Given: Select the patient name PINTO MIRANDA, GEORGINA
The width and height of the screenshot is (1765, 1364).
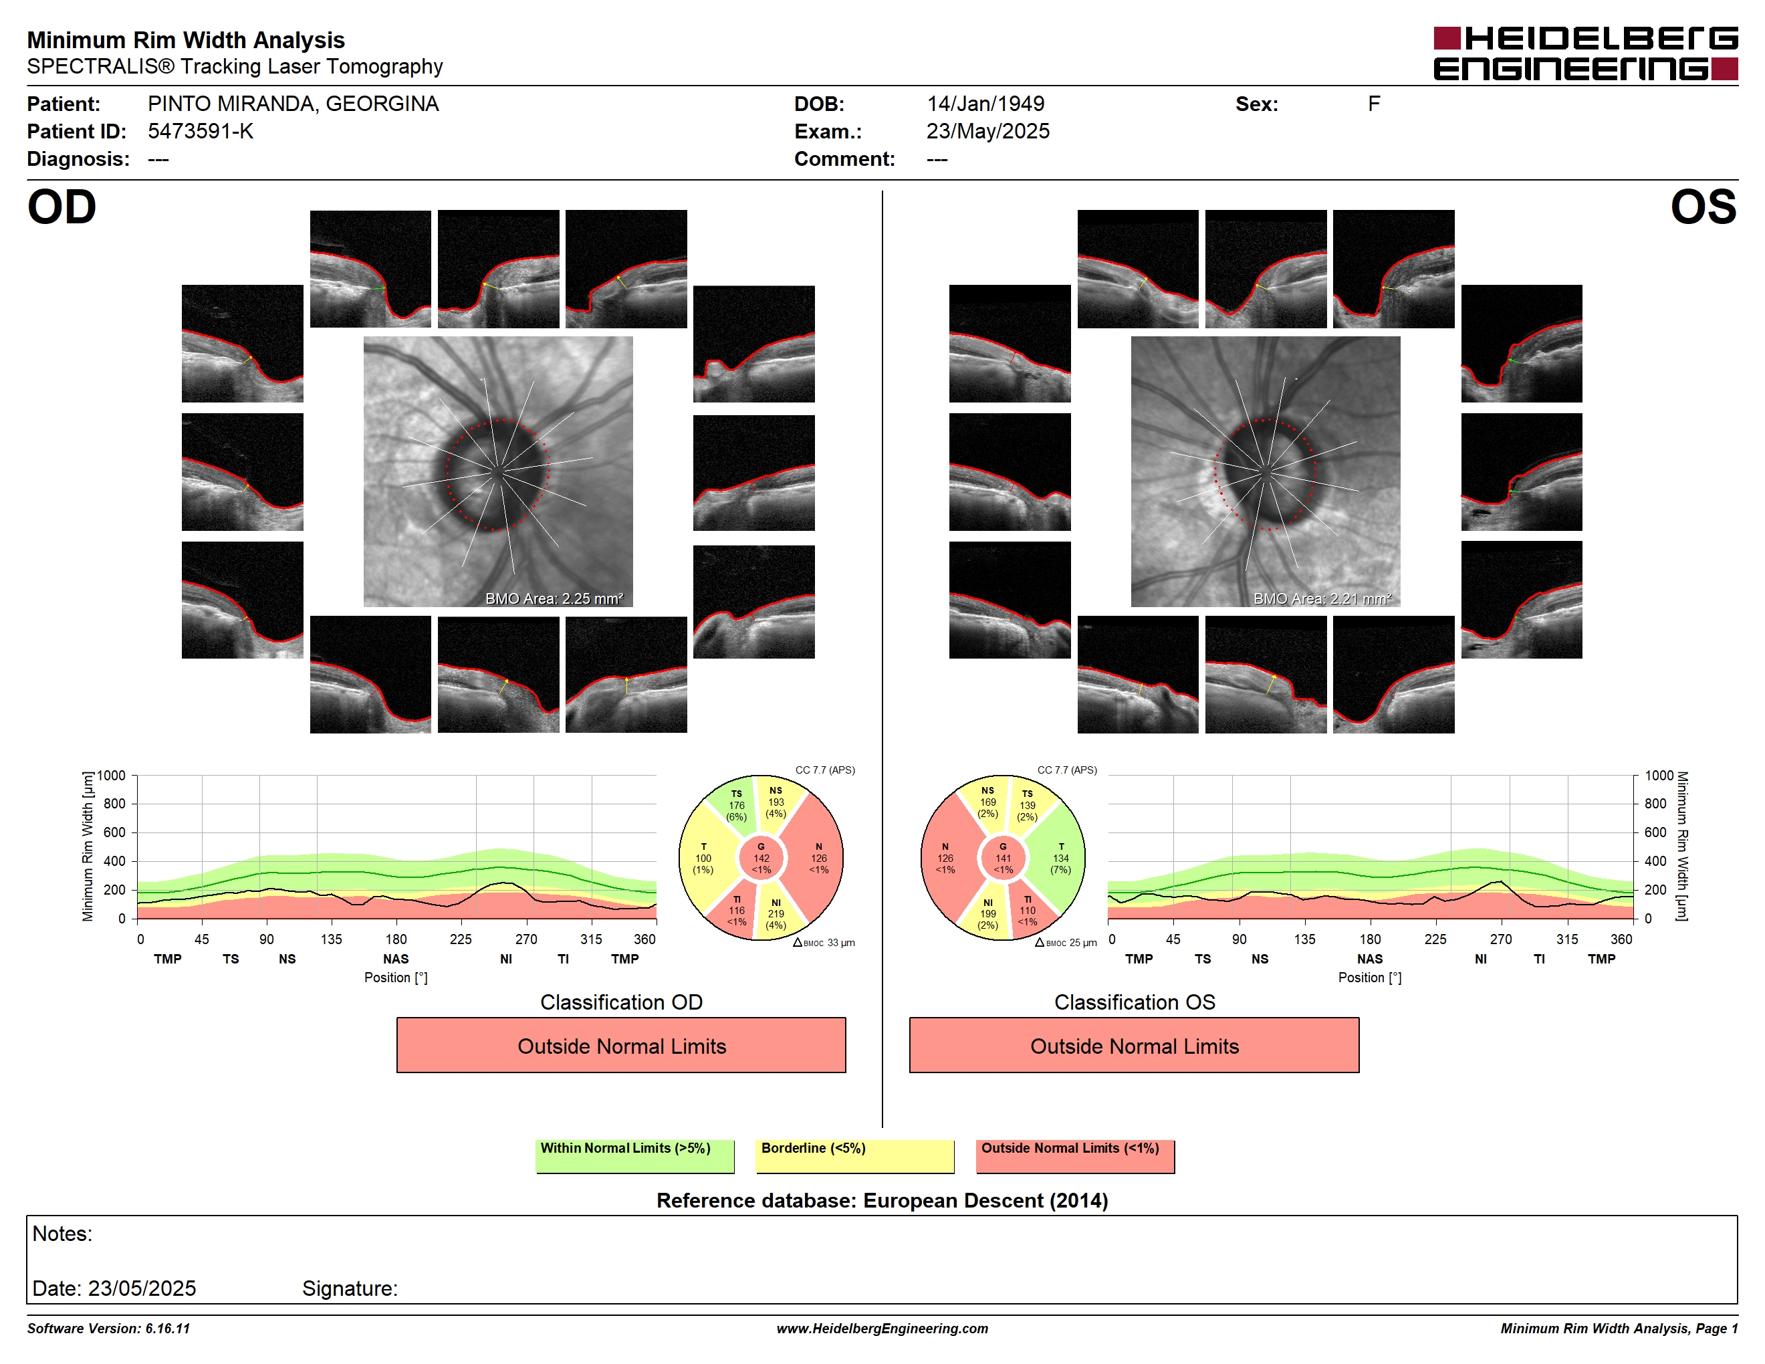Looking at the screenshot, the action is (293, 104).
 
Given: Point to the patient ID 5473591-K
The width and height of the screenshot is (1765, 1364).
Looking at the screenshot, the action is (201, 132).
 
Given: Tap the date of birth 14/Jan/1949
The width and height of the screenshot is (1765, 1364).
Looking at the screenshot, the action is (985, 104).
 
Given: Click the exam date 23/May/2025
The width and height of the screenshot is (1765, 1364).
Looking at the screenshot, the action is (987, 132).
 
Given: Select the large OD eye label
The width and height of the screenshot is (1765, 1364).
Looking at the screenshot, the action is (62, 208).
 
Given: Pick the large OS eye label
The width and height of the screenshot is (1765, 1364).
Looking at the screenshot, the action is (1703, 208).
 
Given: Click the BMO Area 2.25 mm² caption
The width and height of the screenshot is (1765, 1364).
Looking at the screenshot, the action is (554, 599).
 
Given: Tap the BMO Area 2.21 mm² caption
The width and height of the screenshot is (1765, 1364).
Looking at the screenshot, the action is (1322, 599).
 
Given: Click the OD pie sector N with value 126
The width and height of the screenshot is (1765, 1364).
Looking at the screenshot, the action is (818, 858).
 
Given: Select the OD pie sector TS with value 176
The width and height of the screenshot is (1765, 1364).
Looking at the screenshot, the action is (734, 804).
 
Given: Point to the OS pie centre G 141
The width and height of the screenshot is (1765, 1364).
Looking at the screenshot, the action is (1003, 858).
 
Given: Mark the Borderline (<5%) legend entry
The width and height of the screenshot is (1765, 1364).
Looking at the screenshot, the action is (854, 1155).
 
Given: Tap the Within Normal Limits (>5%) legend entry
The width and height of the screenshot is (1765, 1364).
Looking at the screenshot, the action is (634, 1155).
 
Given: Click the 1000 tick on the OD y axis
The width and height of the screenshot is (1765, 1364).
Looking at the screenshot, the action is (112, 776).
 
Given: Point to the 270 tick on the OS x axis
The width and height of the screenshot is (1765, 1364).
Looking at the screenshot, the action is (1501, 939).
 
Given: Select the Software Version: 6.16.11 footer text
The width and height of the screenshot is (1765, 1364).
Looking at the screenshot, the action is (108, 1329).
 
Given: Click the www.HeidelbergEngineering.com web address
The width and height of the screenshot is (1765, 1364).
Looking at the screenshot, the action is (882, 1329).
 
